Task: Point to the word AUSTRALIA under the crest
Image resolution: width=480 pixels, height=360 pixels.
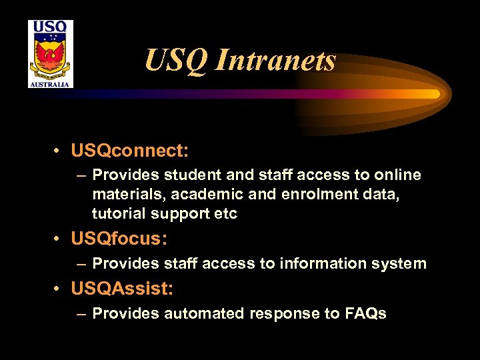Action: [51, 84]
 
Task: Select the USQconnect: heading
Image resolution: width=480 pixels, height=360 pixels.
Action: [121, 151]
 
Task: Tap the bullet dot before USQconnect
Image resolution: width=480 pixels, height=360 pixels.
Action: [59, 151]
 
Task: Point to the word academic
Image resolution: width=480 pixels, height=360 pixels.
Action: [203, 195]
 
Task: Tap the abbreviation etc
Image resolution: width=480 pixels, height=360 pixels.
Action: [226, 214]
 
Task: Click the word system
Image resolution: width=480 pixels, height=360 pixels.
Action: [398, 264]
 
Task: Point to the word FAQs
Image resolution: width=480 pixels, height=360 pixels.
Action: [365, 314]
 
